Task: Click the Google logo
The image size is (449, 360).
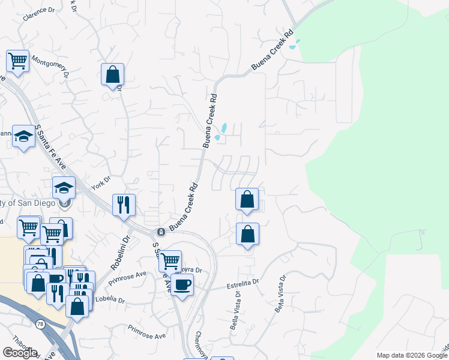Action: pyautogui.click(x=20, y=353)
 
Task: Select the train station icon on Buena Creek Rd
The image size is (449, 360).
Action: pyautogui.click(x=160, y=232)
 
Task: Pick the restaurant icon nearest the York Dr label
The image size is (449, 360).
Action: pyautogui.click(x=124, y=204)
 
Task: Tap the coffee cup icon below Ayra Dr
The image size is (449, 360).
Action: pyautogui.click(x=182, y=283)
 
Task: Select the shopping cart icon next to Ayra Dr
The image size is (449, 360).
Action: pyautogui.click(x=170, y=260)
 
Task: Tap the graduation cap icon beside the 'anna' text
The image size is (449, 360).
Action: pyautogui.click(x=23, y=137)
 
